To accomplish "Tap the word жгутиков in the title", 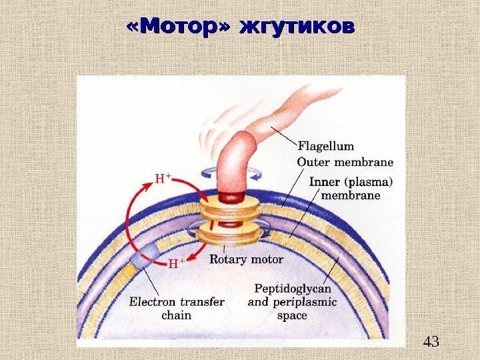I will click(x=297, y=28).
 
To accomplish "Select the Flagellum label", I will click(x=326, y=146).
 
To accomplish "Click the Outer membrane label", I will click(x=345, y=161).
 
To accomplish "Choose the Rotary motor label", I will click(x=246, y=259).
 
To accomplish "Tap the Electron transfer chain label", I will click(x=177, y=308).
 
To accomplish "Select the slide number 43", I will click(x=431, y=343).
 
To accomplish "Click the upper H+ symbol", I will click(x=163, y=179).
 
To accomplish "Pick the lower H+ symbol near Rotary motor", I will click(x=175, y=263).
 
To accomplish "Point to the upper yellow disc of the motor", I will click(x=230, y=210).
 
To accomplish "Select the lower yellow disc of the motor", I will click(x=230, y=235).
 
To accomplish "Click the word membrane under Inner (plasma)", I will click(x=351, y=195).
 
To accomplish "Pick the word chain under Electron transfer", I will click(x=176, y=315).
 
